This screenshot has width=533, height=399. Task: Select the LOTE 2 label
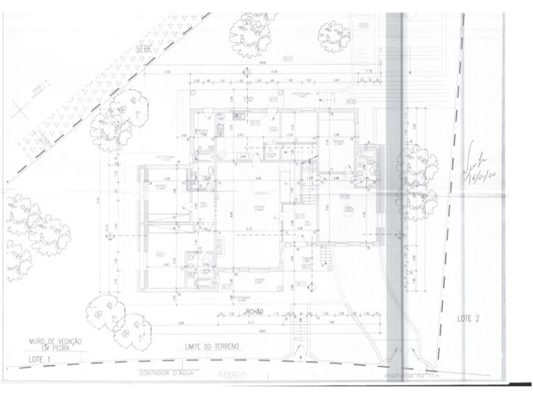click(468, 320)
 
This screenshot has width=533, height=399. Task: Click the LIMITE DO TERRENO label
click(212, 346)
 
